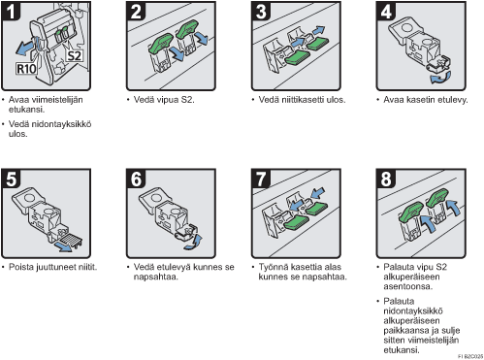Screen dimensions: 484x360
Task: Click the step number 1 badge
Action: tap(11, 11)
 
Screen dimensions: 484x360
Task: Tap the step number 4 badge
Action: tap(386, 11)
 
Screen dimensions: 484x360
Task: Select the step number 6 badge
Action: tap(136, 179)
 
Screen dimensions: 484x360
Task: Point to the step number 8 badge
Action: tap(386, 179)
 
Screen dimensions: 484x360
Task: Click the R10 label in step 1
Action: tap(26, 69)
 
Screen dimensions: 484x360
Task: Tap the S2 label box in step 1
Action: tap(74, 56)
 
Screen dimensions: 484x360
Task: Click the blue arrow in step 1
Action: tap(24, 48)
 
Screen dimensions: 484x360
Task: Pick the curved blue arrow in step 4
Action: tap(439, 78)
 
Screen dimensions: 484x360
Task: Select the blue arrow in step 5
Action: tap(63, 246)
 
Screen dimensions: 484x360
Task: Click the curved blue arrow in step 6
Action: tap(193, 243)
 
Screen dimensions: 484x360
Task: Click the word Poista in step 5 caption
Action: tap(20, 267)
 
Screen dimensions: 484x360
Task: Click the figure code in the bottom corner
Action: tap(470, 356)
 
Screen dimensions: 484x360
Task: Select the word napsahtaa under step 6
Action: tap(156, 278)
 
